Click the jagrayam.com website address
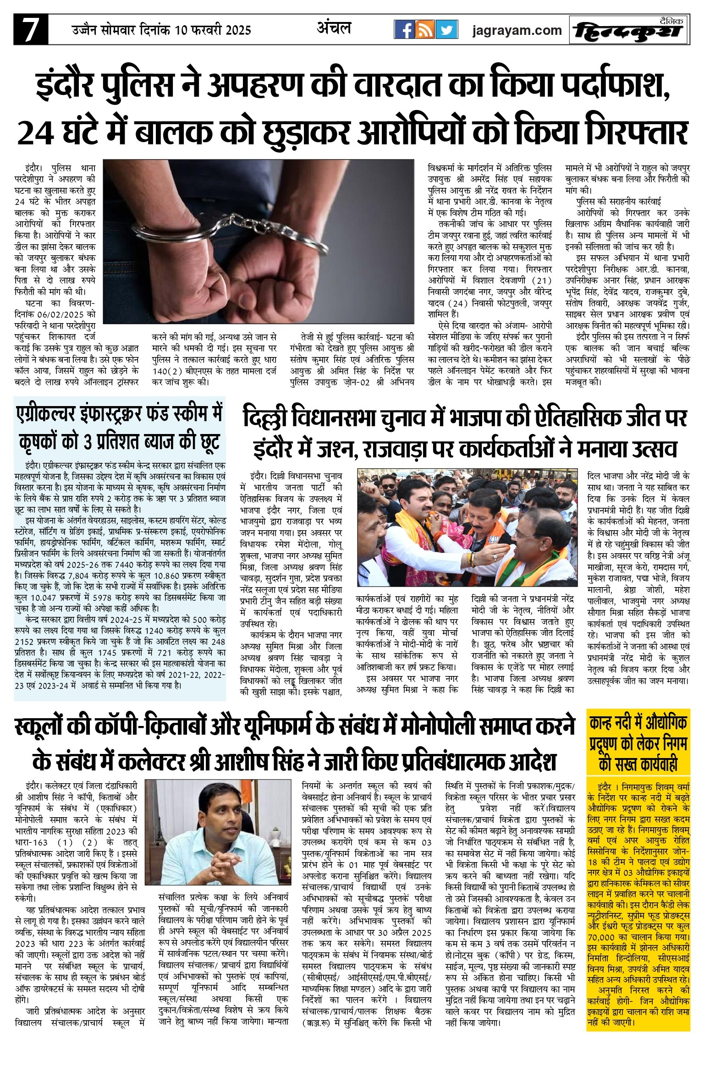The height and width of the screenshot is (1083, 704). [x=517, y=31]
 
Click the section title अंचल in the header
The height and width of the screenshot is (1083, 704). [x=334, y=28]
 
